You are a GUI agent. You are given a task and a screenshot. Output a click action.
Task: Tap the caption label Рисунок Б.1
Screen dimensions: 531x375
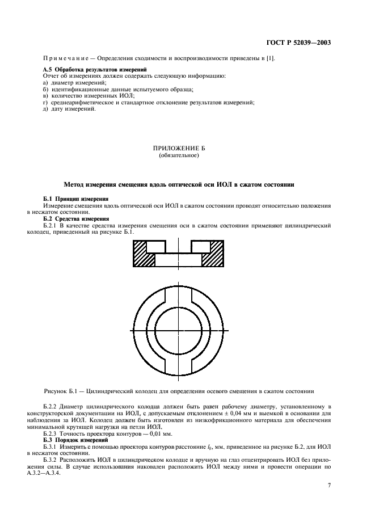pos(62,391)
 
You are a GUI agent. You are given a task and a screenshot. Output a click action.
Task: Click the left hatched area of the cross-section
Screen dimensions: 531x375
pos(142,256)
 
